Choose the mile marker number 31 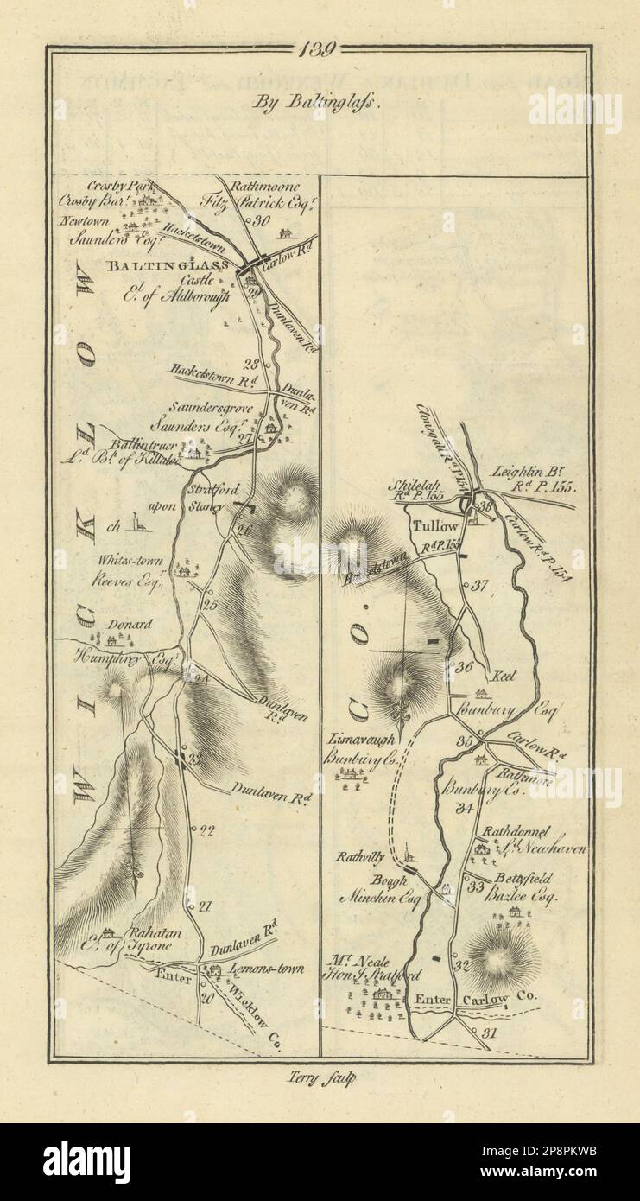(x=491, y=1033)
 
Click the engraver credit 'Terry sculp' (x=320, y=1077)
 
